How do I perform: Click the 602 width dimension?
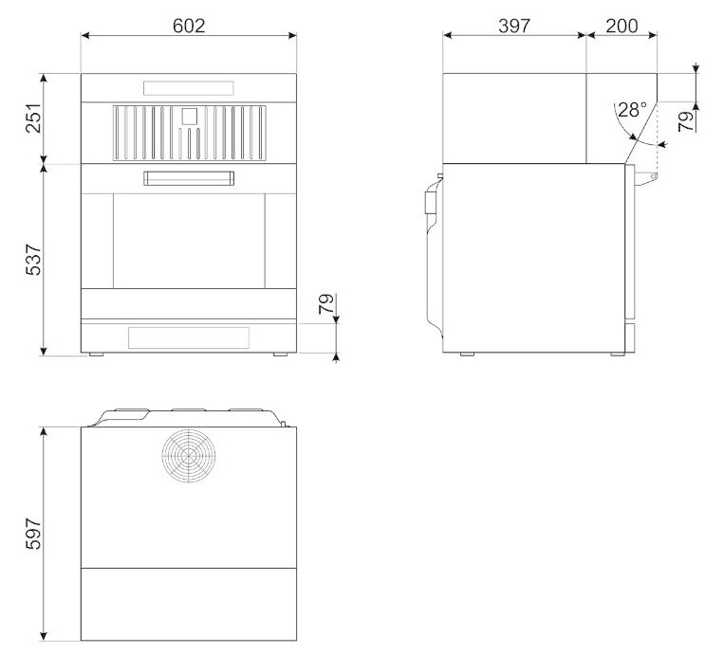coord(189,26)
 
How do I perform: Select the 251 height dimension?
coord(34,118)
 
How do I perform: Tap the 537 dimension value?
coord(34,261)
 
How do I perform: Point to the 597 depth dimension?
coord(34,534)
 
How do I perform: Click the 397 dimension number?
coord(514,26)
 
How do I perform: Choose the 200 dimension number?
coord(622,26)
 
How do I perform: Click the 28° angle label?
coord(632,110)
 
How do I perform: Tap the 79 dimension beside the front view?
coord(326,303)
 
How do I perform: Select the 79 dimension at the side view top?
coord(687,121)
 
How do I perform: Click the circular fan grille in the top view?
coord(189,456)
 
